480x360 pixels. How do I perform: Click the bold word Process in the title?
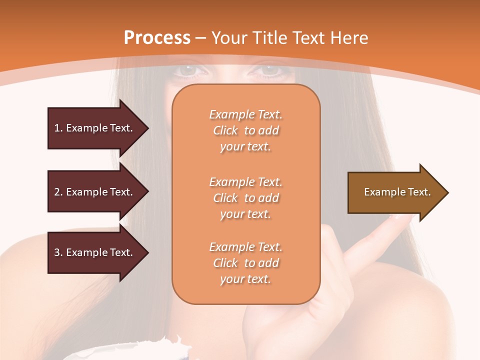tap(157, 38)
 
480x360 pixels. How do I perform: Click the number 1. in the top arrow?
tap(58, 128)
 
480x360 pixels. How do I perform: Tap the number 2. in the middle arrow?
tap(58, 192)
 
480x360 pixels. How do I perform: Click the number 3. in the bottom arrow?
tap(58, 252)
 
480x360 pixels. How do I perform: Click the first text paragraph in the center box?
tap(245, 130)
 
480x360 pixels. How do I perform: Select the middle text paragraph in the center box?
tap(245, 198)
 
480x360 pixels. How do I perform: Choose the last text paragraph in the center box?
tap(245, 263)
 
